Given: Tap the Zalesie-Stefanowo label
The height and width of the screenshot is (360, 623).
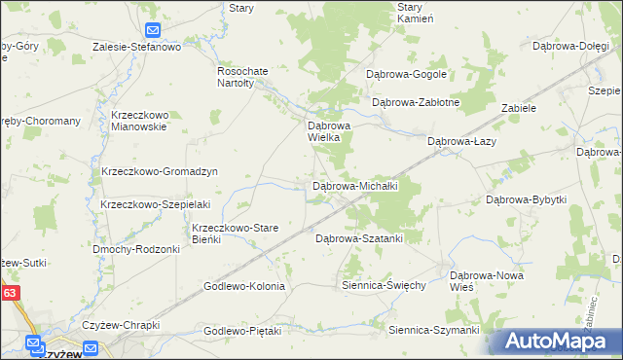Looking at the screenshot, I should pyautogui.click(x=137, y=46).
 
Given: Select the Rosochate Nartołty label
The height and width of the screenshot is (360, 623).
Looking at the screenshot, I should pyautogui.click(x=240, y=77).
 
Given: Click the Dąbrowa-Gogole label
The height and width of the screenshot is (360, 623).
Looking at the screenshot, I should pyautogui.click(x=406, y=73).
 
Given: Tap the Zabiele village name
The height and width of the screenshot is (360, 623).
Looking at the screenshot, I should pyautogui.click(x=519, y=108).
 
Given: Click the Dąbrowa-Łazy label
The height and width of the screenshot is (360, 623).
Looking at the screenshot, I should pyautogui.click(x=463, y=141).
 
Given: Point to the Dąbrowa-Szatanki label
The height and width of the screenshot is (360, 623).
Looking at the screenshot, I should pyautogui.click(x=358, y=237).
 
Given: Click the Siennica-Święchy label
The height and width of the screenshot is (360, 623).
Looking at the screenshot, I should pyautogui.click(x=384, y=285).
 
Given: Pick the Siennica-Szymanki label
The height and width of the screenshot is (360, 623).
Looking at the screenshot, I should pyautogui.click(x=434, y=330).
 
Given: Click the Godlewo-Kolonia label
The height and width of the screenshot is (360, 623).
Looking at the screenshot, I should pyautogui.click(x=243, y=286).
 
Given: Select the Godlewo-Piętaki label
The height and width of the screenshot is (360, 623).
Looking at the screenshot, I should pyautogui.click(x=241, y=331).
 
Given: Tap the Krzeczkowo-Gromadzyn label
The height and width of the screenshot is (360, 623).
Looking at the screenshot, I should pyautogui.click(x=159, y=171).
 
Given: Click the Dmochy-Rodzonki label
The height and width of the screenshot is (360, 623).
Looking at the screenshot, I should pyautogui.click(x=136, y=249).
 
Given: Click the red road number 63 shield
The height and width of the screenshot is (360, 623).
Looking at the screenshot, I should pyautogui.click(x=10, y=291).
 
